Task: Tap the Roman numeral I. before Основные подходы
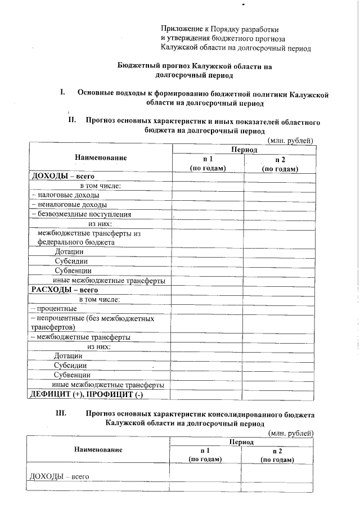pyautogui.click(x=63, y=92)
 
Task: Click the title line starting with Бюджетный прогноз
pyautogui.click(x=194, y=65)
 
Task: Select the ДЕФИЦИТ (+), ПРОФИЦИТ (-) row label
pyautogui.click(x=84, y=394)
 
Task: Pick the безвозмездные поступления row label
pyautogui.click(x=82, y=214)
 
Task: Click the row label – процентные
pyautogui.click(x=53, y=309)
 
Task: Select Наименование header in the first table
pyautogui.click(x=100, y=158)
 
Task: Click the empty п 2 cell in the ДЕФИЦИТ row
pyautogui.click(x=280, y=394)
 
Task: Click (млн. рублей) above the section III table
pyautogui.click(x=291, y=433)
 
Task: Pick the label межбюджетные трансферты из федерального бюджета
pyautogui.click(x=88, y=238)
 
